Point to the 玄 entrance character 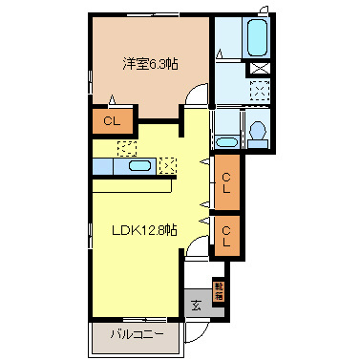195,306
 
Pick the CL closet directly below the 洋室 112,121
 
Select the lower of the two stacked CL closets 227,235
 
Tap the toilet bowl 257,134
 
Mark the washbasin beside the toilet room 225,141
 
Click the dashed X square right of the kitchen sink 170,164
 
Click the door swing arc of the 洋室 197,94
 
